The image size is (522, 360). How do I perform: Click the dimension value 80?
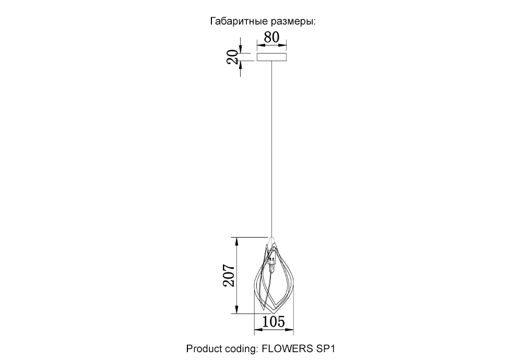tap(271, 37)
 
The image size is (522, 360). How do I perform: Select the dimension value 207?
tap(229, 275)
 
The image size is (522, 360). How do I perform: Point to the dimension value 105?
tap(274, 322)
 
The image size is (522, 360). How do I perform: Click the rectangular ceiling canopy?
tap(271, 57)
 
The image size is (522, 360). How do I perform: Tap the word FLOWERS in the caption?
tap(287, 349)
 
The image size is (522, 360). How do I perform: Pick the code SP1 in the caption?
tap(325, 349)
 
